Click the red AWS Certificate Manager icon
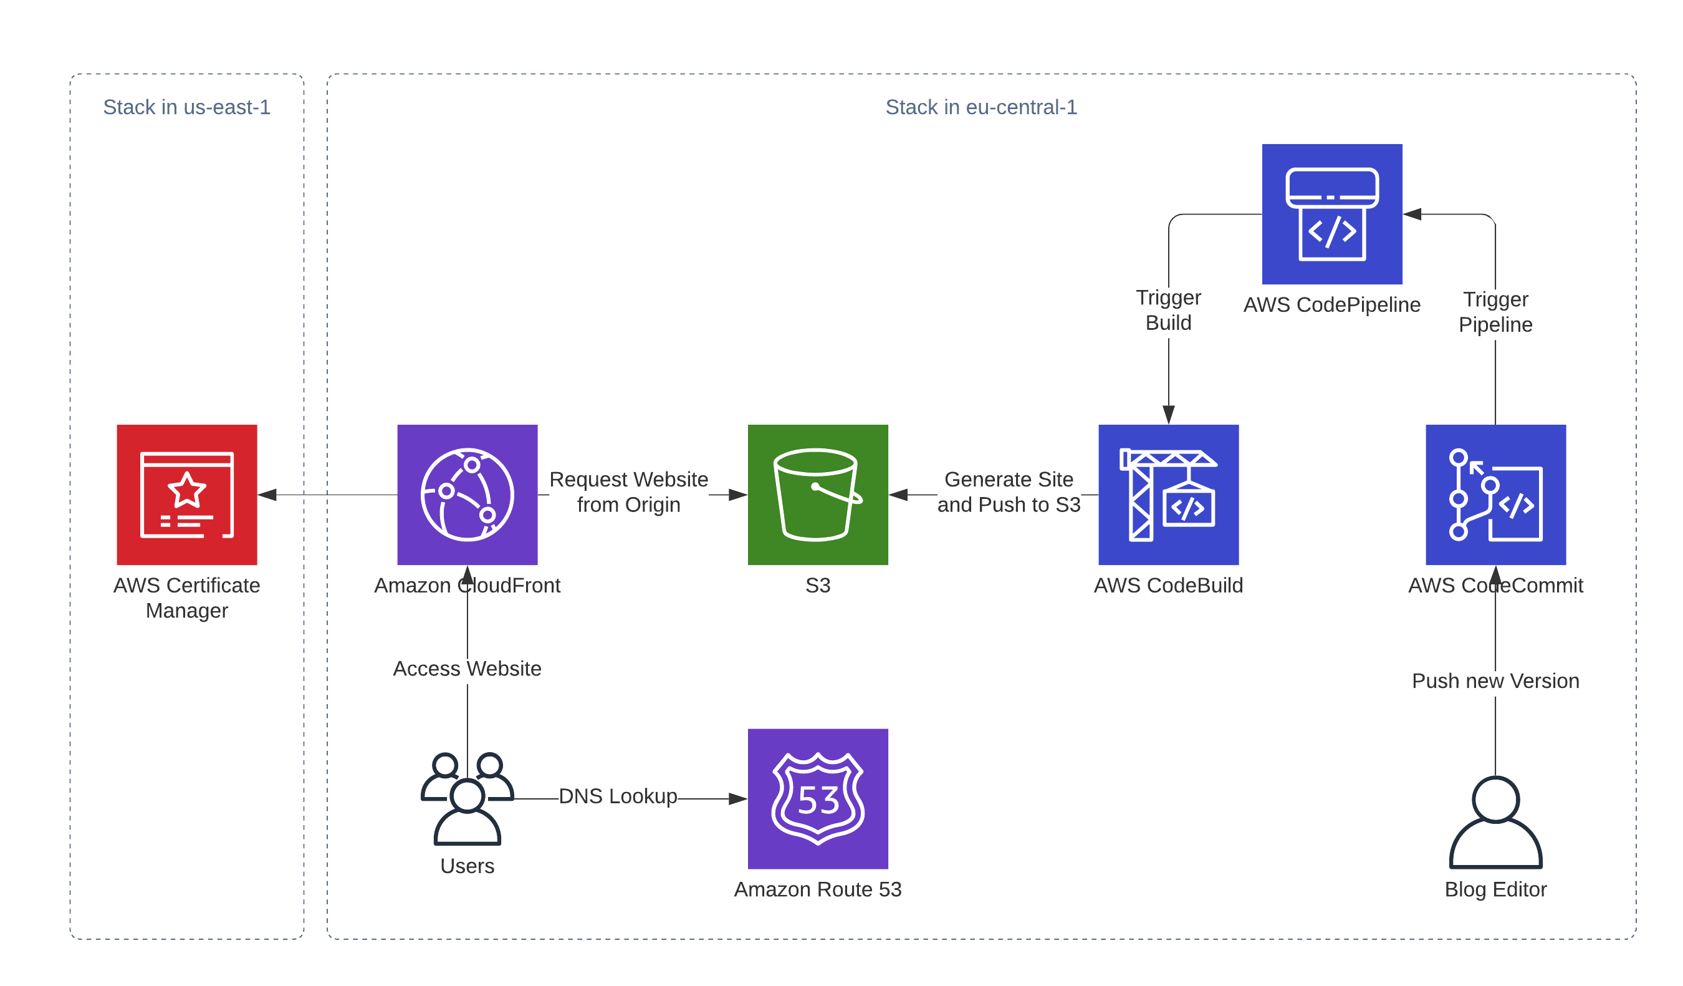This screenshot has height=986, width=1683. click(187, 495)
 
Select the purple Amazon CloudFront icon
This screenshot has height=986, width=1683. click(467, 495)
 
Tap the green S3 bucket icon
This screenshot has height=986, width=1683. click(818, 495)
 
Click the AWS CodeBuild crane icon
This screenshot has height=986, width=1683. click(1169, 495)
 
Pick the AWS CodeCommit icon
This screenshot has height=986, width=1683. click(1496, 495)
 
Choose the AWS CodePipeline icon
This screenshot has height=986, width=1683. click(1333, 214)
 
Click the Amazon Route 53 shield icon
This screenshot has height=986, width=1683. click(818, 798)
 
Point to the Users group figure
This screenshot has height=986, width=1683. click(467, 798)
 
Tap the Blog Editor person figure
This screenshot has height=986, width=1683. click(1496, 822)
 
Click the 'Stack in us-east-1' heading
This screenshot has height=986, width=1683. click(187, 107)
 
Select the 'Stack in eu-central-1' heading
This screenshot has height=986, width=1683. click(981, 107)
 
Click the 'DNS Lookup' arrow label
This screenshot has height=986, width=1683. click(618, 796)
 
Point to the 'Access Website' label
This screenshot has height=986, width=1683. click(467, 669)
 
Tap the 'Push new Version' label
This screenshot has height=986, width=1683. click(1496, 680)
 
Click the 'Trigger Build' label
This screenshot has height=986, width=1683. click(1169, 310)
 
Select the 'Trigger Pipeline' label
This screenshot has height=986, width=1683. click(1496, 312)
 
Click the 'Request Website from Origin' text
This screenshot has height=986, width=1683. click(628, 491)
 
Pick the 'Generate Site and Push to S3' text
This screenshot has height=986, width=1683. click(1009, 491)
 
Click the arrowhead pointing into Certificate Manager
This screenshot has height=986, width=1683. click(267, 495)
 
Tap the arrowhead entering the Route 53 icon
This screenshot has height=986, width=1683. click(738, 799)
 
